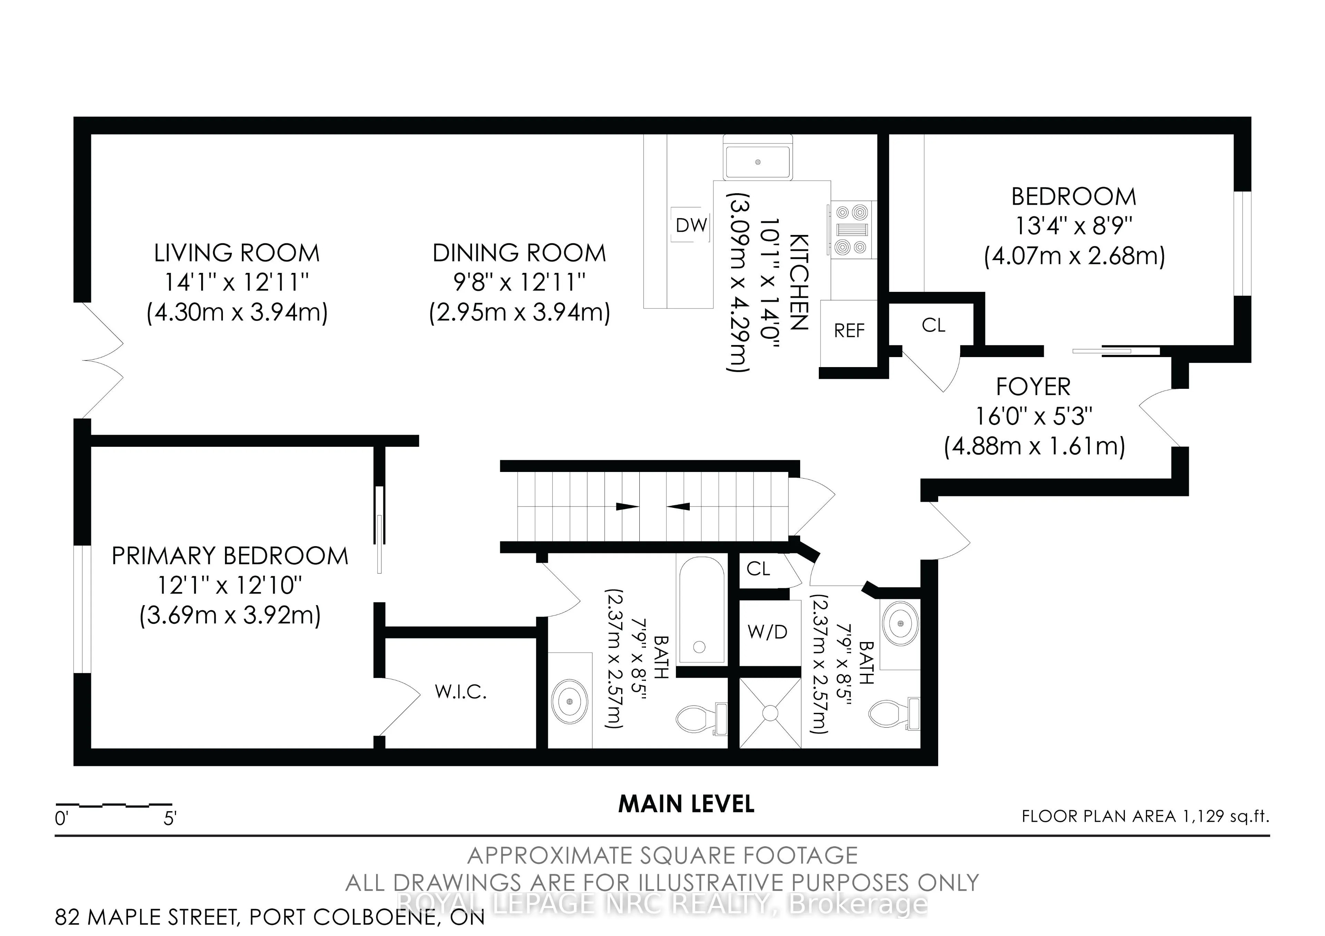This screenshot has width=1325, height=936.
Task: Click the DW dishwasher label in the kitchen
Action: pos(691,225)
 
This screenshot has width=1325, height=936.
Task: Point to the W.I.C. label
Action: pos(461,692)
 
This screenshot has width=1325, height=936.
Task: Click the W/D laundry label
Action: pos(767,632)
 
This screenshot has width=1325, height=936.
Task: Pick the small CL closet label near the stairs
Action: pos(758,569)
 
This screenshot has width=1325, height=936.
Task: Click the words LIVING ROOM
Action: pos(237,253)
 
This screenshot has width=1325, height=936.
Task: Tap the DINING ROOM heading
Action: pos(519,253)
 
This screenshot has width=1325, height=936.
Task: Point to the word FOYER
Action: pos(1033,387)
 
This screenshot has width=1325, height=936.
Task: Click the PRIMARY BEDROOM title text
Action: pos(230,556)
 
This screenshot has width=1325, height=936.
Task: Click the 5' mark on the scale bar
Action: pos(170,819)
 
